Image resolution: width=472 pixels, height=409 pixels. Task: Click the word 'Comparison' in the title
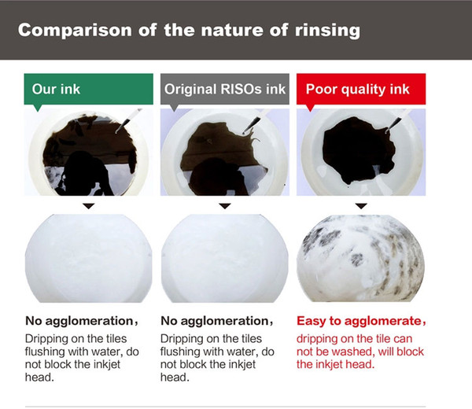tap(75, 30)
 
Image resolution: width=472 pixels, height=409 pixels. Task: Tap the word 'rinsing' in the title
tap(327, 31)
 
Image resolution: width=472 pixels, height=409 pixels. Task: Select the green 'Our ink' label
tap(88, 89)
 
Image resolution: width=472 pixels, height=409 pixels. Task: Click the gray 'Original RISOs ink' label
tap(225, 89)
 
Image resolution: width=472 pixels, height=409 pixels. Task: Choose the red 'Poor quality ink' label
tap(361, 89)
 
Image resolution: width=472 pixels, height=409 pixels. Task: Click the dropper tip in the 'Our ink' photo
tap(116, 132)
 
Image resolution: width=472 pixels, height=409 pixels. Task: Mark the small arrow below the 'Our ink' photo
tap(89, 206)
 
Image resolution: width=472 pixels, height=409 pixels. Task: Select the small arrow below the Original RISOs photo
tap(225, 206)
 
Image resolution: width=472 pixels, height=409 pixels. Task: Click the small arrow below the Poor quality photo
tap(361, 206)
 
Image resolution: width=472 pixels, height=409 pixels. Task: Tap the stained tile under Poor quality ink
tap(360, 258)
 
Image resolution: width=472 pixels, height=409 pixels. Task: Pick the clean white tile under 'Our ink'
tap(88, 258)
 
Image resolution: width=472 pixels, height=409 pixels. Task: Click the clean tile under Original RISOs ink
tap(225, 258)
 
